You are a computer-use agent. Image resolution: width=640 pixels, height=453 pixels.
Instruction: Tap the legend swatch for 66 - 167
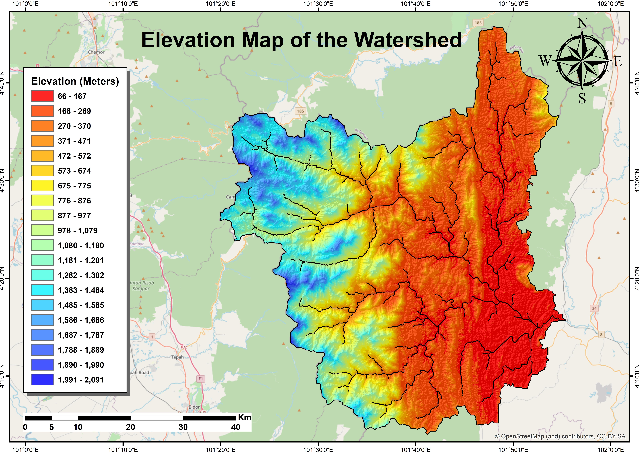pos(42,96)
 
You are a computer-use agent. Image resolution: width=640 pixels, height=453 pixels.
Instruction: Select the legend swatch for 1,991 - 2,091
pos(42,380)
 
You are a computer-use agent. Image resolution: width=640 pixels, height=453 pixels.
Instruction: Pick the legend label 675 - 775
pos(74,186)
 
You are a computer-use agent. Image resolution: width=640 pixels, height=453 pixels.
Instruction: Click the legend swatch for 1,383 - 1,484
pos(42,290)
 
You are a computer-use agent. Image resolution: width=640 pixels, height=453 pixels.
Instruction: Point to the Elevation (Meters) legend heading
pos(75,81)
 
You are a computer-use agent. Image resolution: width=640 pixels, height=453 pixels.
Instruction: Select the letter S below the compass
pos(582,98)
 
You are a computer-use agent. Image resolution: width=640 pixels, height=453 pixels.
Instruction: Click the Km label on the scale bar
pos(245,417)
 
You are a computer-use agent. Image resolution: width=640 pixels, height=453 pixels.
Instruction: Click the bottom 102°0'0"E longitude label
pos(610,450)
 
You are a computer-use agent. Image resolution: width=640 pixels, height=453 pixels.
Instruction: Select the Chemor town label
pos(96,52)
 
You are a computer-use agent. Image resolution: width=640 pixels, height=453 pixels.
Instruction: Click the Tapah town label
pos(177,357)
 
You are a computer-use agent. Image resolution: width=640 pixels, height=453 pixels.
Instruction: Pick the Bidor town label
pos(194,407)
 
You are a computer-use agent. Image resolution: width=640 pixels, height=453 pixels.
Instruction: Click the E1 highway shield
pos(201,379)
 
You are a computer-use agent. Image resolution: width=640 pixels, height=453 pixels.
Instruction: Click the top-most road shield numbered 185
pos(478,23)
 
